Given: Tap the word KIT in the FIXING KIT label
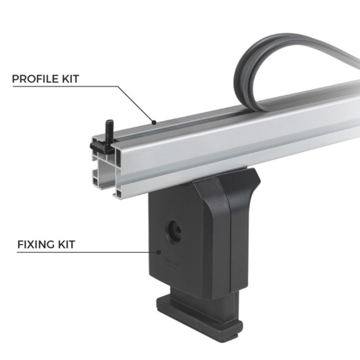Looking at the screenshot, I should click(x=68, y=245).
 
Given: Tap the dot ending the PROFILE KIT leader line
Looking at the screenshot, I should click(x=153, y=121).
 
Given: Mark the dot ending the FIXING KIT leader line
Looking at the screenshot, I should click(x=160, y=252).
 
